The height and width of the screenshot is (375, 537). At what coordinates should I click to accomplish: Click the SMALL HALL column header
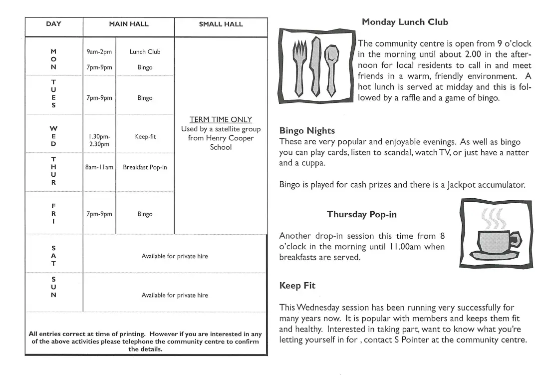point(221,24)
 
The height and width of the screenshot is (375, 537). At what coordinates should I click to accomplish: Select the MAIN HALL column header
point(128,24)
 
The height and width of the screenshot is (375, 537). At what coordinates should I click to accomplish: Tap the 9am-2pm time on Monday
point(99,52)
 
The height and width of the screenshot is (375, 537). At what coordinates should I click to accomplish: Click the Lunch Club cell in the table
point(145,52)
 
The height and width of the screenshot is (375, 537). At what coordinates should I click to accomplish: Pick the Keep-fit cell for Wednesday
point(145,136)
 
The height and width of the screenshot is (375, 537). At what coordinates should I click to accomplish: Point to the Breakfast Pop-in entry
point(145,167)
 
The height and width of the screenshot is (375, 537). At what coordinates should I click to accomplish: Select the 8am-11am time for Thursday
point(99,167)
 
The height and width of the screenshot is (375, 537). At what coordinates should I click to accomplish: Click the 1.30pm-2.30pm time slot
point(99,140)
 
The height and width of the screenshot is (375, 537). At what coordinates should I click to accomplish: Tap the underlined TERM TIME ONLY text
point(221,120)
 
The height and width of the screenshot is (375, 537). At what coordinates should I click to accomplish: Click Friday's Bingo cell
point(145,214)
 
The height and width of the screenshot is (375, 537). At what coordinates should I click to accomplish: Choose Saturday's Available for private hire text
point(175,256)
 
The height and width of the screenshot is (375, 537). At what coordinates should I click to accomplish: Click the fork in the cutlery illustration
point(298,67)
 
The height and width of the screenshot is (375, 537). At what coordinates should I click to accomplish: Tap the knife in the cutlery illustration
point(314,67)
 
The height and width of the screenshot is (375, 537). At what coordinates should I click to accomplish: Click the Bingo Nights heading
point(307,131)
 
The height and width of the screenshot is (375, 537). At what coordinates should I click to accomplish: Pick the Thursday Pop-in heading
point(361,215)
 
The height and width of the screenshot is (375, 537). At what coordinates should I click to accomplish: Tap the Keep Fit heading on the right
point(296,286)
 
